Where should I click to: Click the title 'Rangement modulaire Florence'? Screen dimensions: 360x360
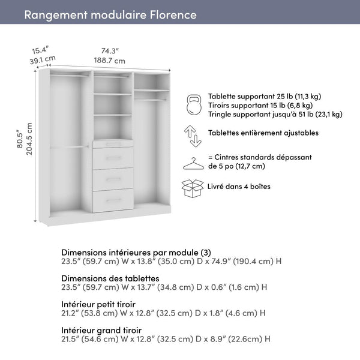[110, 14]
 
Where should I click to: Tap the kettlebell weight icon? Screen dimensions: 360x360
[194, 104]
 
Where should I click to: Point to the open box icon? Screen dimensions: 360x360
[193, 188]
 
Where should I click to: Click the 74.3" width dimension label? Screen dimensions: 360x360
[110, 51]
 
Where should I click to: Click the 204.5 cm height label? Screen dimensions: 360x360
[29, 139]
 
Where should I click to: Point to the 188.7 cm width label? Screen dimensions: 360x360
[110, 61]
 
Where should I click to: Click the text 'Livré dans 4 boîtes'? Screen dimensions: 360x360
[239, 187]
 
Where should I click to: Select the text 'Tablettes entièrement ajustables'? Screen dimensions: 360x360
[263, 133]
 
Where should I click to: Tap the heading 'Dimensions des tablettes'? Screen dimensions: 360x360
[110, 278]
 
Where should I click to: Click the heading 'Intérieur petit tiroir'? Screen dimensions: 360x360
[98, 304]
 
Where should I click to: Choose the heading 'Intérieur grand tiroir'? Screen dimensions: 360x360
[101, 330]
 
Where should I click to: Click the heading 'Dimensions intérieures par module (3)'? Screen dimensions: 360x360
[136, 252]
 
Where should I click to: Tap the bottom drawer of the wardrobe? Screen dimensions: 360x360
[113, 200]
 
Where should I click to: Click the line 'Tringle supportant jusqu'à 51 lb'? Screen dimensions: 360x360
[275, 114]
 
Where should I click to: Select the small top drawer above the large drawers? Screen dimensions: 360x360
[113, 144]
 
